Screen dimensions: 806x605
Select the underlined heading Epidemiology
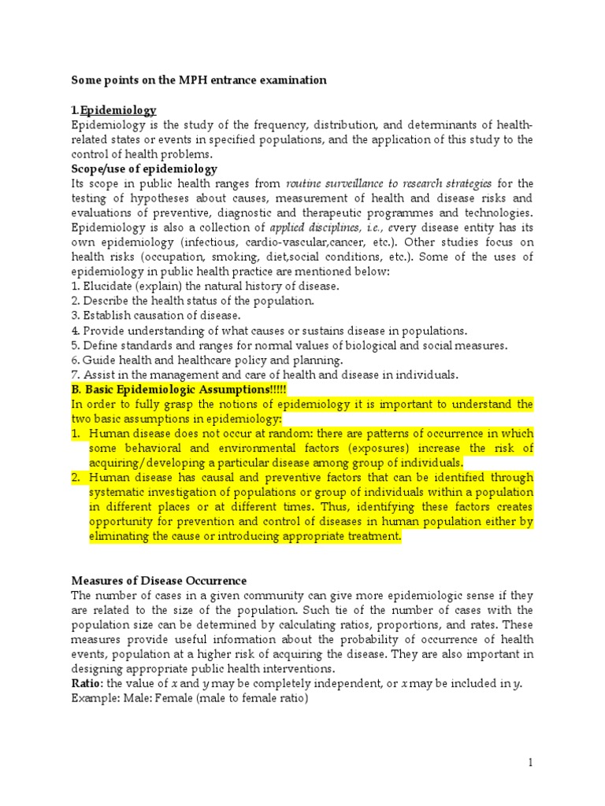[x=117, y=110]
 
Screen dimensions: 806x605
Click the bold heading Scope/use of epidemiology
[x=144, y=169]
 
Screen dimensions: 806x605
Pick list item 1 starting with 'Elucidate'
[x=205, y=286]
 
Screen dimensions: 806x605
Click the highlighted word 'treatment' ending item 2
[x=374, y=536]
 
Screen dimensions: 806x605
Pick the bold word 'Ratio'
[x=87, y=683]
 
